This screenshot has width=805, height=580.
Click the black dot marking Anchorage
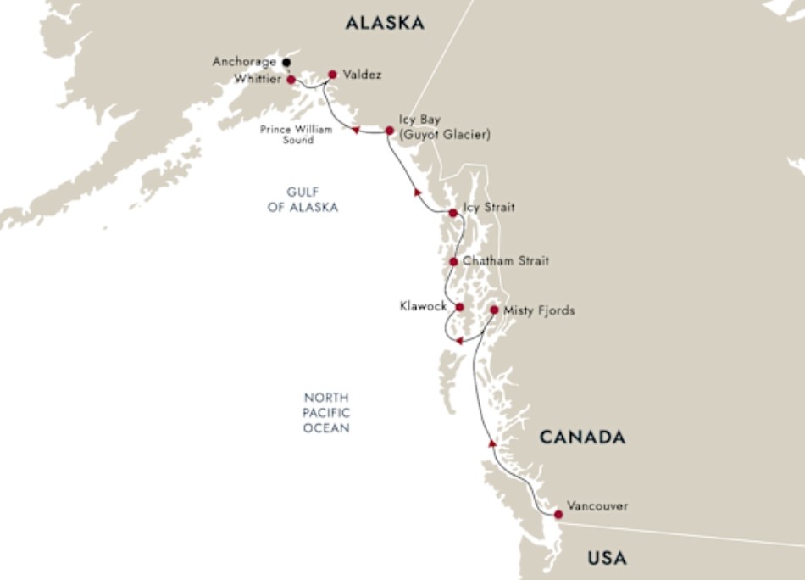[x=286, y=62]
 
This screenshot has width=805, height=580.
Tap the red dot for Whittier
[x=291, y=80]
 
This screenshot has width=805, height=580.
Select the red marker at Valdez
[x=332, y=75]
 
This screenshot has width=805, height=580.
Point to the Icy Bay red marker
[x=389, y=131]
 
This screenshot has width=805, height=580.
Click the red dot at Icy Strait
[x=453, y=213]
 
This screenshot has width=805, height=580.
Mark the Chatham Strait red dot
[x=454, y=262]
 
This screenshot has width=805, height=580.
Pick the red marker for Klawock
[x=459, y=307]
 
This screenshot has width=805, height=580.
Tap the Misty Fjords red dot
[x=494, y=310]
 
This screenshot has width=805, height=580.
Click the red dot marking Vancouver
[x=558, y=514]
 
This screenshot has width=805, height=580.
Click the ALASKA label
[x=385, y=24]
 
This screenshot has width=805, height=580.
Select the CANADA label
[x=582, y=438]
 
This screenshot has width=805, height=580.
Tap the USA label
[x=608, y=558]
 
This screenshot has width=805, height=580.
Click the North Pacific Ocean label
[x=327, y=413]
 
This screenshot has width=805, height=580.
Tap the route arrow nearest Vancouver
[x=491, y=443]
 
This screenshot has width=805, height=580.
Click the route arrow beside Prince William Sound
[x=356, y=130]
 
